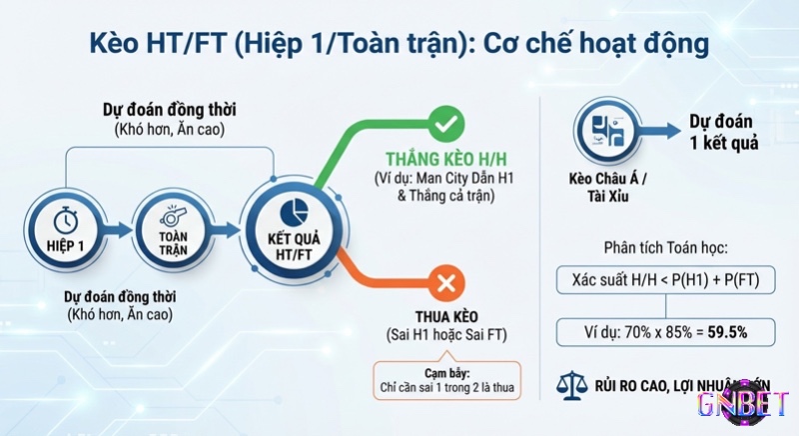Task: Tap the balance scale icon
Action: click(568, 383)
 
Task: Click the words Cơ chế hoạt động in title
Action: click(599, 45)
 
